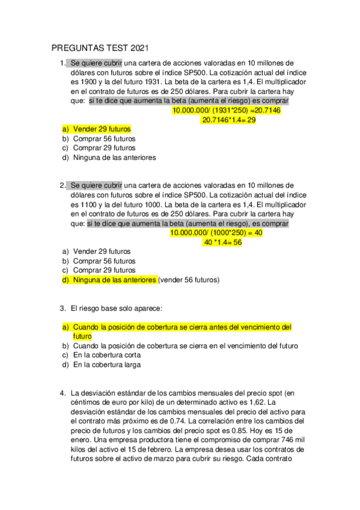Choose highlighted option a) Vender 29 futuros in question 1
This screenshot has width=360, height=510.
click(96, 129)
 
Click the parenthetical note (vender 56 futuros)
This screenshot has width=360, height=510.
click(189, 280)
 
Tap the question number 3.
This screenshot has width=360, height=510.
click(63, 309)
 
